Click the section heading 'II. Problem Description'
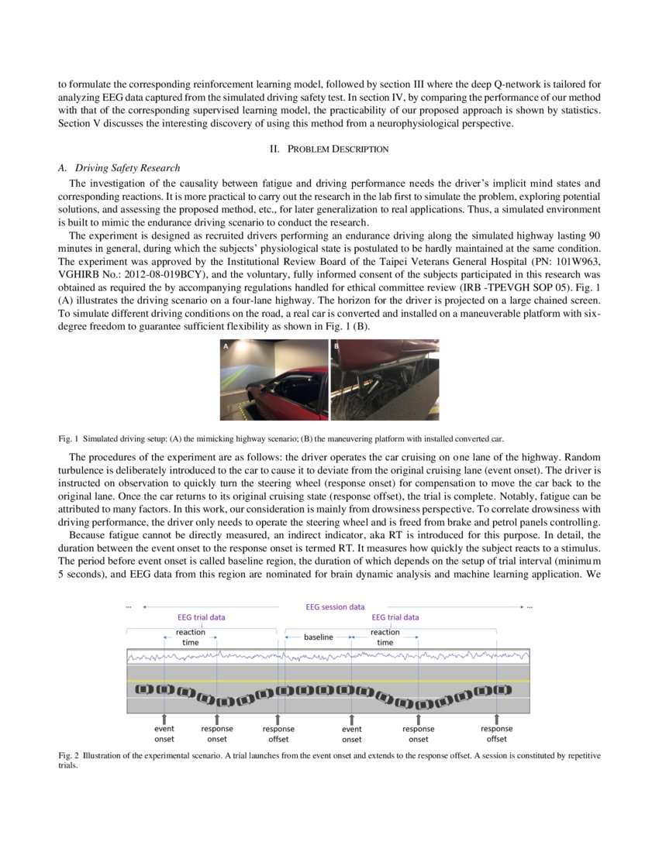point(329,149)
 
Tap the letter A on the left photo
point(226,348)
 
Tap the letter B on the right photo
point(336,348)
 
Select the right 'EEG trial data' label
point(395,617)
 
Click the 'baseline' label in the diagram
point(318,637)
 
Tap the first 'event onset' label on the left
point(164,733)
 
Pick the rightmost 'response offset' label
point(496,733)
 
